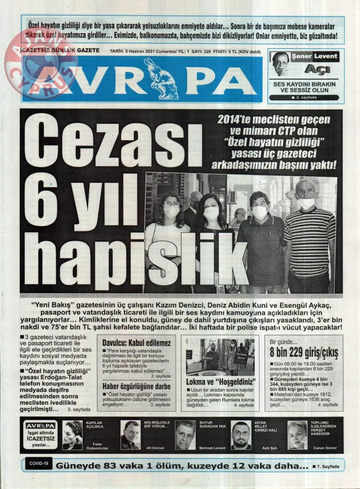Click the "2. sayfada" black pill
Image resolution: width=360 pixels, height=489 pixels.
304,98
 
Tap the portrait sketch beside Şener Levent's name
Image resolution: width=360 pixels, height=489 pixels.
281,64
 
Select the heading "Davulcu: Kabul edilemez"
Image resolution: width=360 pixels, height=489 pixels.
136,343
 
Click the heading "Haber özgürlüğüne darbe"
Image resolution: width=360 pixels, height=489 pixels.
136,386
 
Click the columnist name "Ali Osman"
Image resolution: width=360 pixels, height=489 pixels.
155,448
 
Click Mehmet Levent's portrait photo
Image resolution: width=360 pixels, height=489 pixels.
185,435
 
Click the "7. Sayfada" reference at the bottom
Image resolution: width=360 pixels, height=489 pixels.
326,466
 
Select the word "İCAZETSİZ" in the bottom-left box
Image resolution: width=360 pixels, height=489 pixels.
40,439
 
